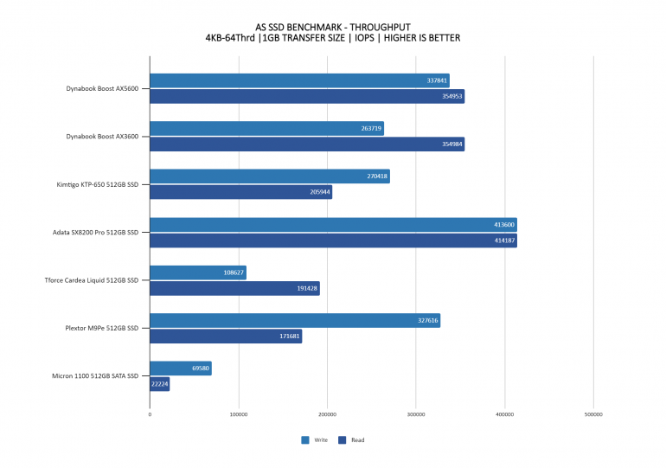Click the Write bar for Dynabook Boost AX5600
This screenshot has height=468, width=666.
pyautogui.click(x=299, y=80)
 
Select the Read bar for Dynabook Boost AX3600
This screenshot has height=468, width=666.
pyautogui.click(x=307, y=144)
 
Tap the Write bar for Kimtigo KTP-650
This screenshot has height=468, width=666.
pyautogui.click(x=269, y=176)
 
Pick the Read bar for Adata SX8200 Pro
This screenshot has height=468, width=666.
pyautogui.click(x=333, y=240)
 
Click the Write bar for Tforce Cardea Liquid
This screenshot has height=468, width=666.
pyautogui.click(x=198, y=272)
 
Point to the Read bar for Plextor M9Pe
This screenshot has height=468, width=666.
pyautogui.click(x=226, y=337)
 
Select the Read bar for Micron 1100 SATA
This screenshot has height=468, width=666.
pyautogui.click(x=159, y=384)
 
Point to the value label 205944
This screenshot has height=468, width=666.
pyautogui.click(x=320, y=192)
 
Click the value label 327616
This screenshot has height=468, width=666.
pyautogui.click(x=428, y=320)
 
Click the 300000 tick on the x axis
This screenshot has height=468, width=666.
pyautogui.click(x=416, y=415)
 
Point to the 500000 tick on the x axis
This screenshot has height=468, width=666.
pyautogui.click(x=593, y=415)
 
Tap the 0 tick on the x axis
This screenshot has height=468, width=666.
pyautogui.click(x=150, y=415)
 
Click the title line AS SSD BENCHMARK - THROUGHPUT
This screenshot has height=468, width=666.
pyautogui.click(x=332, y=25)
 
